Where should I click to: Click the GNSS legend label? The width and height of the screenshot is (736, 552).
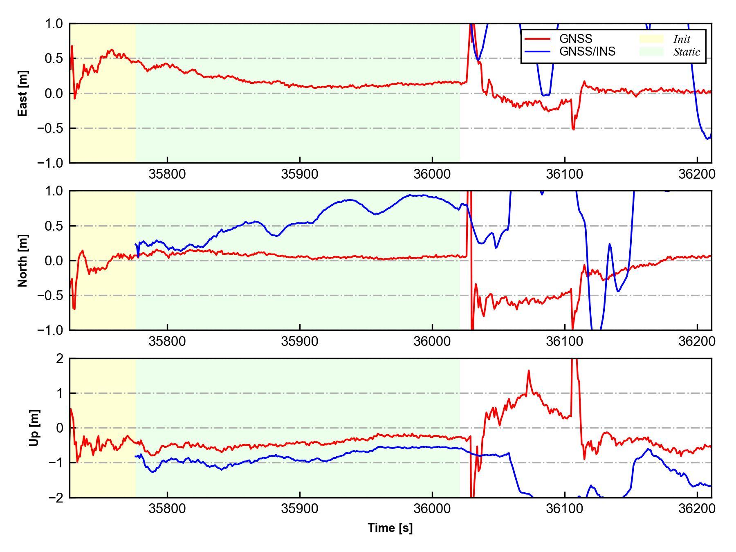[x=575, y=39]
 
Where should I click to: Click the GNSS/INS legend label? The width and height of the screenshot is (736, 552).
[x=587, y=52]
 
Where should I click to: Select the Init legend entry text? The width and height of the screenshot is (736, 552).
[x=681, y=39]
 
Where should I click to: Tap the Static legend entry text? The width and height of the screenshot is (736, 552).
[x=687, y=52]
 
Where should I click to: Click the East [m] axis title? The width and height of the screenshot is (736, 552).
[x=23, y=93]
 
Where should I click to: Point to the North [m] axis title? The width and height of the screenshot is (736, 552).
[x=23, y=260]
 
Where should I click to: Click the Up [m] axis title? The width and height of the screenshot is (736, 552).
[x=34, y=428]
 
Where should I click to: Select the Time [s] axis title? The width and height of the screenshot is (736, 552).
[x=390, y=528]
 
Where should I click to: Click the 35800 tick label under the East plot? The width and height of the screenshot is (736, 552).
[x=167, y=174]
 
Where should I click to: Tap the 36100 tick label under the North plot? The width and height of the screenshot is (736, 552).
[x=565, y=341]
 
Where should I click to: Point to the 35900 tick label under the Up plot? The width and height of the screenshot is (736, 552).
[x=300, y=509]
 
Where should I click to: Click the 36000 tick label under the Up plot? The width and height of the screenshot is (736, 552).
[x=432, y=509]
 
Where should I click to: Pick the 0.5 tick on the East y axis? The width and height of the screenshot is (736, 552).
[x=54, y=58]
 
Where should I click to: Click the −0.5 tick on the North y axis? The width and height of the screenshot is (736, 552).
[x=50, y=296]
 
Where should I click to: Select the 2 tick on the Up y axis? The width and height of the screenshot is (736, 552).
[x=60, y=359]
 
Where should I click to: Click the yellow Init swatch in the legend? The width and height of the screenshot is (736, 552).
[x=651, y=39]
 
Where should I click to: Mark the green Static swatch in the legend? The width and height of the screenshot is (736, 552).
[x=651, y=52]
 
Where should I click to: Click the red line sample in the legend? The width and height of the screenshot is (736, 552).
[x=537, y=39]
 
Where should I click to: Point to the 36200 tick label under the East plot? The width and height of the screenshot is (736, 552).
[x=697, y=174]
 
